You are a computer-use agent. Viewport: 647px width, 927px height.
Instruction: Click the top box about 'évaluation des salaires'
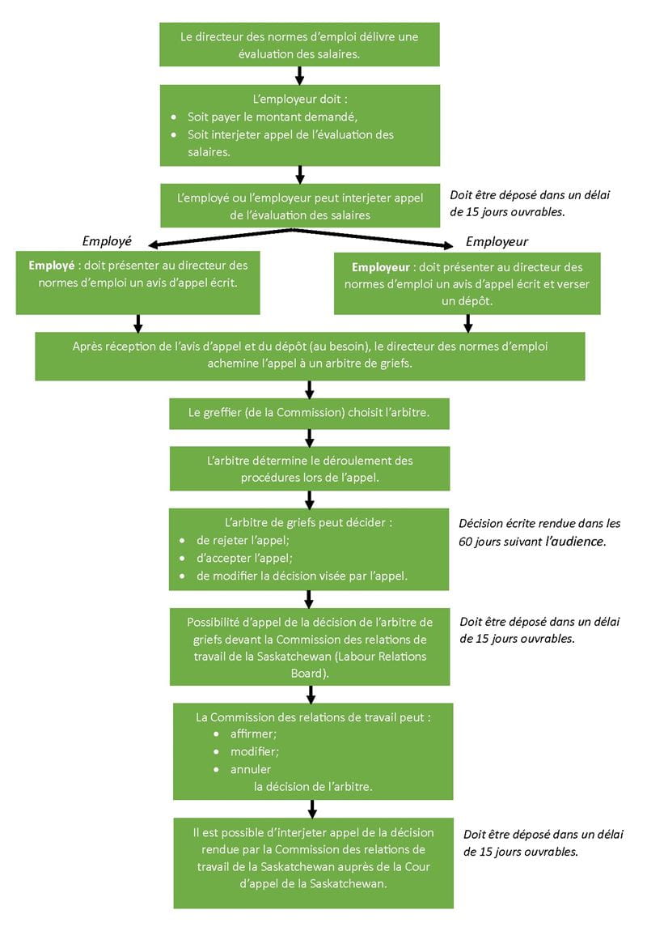[299, 45]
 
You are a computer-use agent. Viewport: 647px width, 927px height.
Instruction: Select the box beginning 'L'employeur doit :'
[299, 125]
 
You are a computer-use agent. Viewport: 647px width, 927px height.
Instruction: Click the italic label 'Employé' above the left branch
[107, 241]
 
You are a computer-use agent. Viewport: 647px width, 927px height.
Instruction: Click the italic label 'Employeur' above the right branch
[497, 241]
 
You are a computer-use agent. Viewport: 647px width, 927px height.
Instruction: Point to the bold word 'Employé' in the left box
[52, 266]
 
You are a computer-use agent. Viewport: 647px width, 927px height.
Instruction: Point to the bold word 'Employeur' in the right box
[380, 267]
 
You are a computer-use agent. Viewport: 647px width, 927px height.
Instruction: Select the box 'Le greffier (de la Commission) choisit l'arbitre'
[308, 412]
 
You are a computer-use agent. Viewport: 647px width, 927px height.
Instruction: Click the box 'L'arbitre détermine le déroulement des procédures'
[309, 469]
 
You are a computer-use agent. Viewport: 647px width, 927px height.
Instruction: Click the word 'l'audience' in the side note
[575, 541]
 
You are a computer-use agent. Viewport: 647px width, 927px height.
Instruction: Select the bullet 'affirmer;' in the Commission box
[253, 734]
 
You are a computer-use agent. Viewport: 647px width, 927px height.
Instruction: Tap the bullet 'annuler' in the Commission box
[251, 769]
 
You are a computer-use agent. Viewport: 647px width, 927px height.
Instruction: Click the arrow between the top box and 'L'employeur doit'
[299, 75]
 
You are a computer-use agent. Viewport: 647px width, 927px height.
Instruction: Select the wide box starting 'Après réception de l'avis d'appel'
[309, 355]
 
